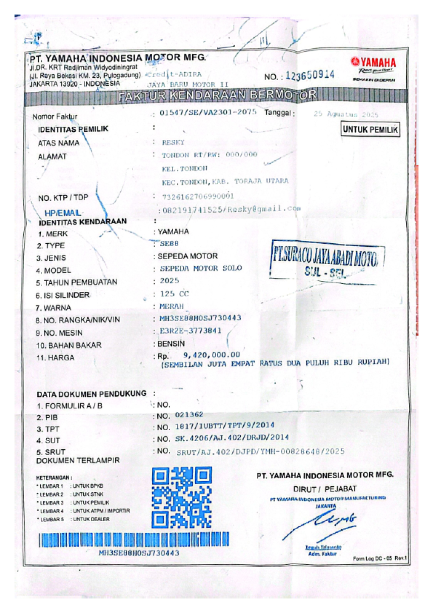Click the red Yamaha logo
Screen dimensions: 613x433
pos(373,62)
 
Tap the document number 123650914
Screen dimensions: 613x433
pos(310,75)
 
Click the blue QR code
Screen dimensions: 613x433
pos(181,497)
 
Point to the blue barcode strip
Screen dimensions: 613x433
pos(134,539)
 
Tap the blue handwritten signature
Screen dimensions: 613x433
pos(321,524)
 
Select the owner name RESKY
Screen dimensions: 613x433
pos(173,142)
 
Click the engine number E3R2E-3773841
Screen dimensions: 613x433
pos(191,331)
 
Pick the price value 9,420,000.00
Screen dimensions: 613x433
pos(212,355)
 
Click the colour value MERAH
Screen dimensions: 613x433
pos(172,306)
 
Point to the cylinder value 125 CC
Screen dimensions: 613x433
pos(175,294)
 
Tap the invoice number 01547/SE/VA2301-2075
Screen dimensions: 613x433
pos(208,112)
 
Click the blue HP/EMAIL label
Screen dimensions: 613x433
pos(62,213)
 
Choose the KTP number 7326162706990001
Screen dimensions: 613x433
pos(198,196)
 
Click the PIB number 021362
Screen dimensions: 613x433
pos(189,414)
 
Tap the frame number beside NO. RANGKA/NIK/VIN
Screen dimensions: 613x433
pos(201,318)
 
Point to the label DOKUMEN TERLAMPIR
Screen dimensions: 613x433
pos(78,461)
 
